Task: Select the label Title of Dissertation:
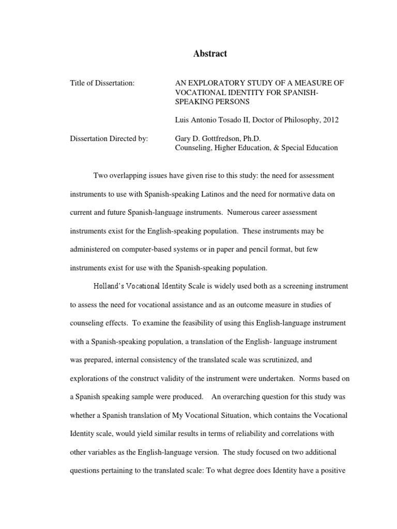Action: [x=102, y=83]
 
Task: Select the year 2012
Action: [x=331, y=120]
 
